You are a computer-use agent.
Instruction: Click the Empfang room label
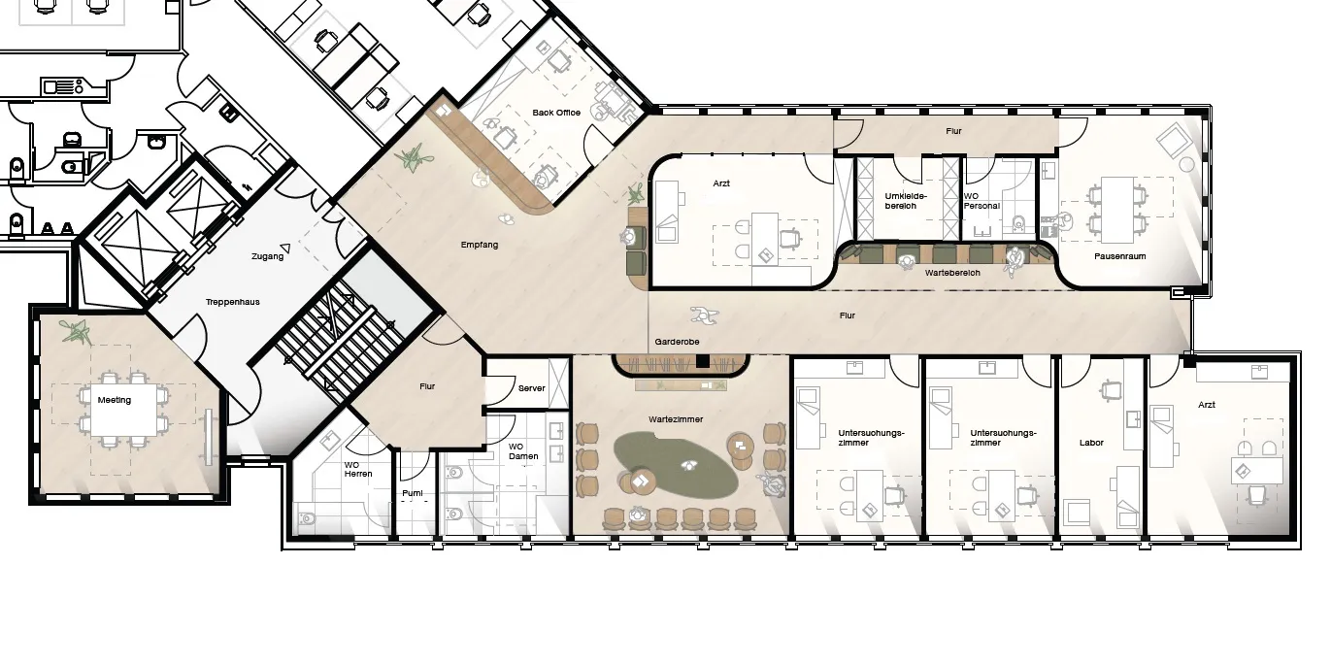(x=480, y=245)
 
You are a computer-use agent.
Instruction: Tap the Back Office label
(x=556, y=113)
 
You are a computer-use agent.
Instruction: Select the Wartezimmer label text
(x=676, y=419)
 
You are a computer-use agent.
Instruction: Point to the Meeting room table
(x=124, y=410)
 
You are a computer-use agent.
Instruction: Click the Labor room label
(x=1091, y=443)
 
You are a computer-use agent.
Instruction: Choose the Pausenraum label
(x=1120, y=256)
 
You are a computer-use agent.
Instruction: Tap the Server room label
(x=531, y=388)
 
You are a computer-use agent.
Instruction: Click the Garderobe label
(x=677, y=342)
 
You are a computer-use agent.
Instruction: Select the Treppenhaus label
(x=232, y=302)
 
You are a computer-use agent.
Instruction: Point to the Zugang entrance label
(x=267, y=256)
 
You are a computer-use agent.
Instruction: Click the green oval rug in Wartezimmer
(x=676, y=465)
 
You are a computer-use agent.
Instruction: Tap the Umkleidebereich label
(x=906, y=201)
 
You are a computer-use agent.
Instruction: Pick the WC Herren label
(x=357, y=469)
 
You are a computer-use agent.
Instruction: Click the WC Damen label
(x=523, y=451)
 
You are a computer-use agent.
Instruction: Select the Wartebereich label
(x=952, y=273)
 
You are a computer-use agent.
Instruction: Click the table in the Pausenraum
(x=1117, y=211)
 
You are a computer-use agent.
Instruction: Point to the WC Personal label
(x=982, y=201)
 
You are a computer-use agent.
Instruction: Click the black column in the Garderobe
(x=703, y=361)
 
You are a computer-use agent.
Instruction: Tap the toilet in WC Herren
(x=308, y=517)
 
